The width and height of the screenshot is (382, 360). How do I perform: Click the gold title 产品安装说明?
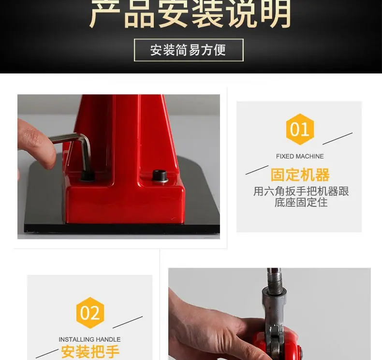pyautogui.click(x=190, y=14)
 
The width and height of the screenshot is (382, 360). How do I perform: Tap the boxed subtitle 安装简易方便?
pyautogui.click(x=188, y=50)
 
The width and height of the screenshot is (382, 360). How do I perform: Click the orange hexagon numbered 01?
pyautogui.click(x=300, y=129)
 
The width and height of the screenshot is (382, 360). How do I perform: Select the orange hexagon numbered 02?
pyautogui.click(x=90, y=313)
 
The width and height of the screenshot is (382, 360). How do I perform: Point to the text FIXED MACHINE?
pyautogui.click(x=300, y=156)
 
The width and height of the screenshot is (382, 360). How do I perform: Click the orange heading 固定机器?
pyautogui.click(x=300, y=174)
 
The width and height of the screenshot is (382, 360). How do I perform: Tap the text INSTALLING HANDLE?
pyautogui.click(x=89, y=339)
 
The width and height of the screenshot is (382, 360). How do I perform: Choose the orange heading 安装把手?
pyautogui.click(x=90, y=351)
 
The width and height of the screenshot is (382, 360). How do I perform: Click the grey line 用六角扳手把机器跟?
pyautogui.click(x=301, y=191)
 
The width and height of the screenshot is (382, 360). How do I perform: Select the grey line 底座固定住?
pyautogui.click(x=301, y=202)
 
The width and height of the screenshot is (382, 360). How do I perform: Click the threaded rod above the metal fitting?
pyautogui.click(x=275, y=279)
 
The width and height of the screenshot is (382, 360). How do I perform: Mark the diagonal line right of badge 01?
pyautogui.click(x=338, y=139)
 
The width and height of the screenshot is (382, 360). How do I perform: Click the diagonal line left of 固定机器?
pyautogui.click(x=257, y=170)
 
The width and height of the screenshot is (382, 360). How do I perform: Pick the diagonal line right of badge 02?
pyautogui.click(x=128, y=322)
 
